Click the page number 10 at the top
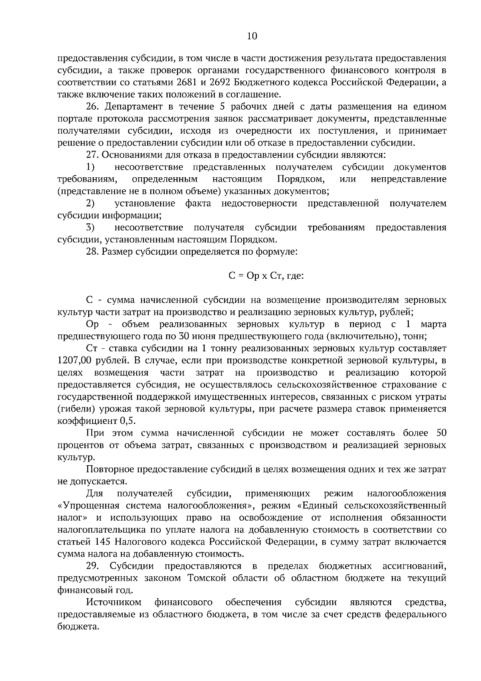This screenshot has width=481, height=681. coord(252,36)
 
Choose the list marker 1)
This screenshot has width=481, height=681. coord(90,167)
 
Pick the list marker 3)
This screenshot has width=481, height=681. coord(90,228)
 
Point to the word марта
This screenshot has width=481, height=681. coord(434,324)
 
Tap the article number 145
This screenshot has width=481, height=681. coord(103,542)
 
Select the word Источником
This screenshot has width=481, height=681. coord(114,602)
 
